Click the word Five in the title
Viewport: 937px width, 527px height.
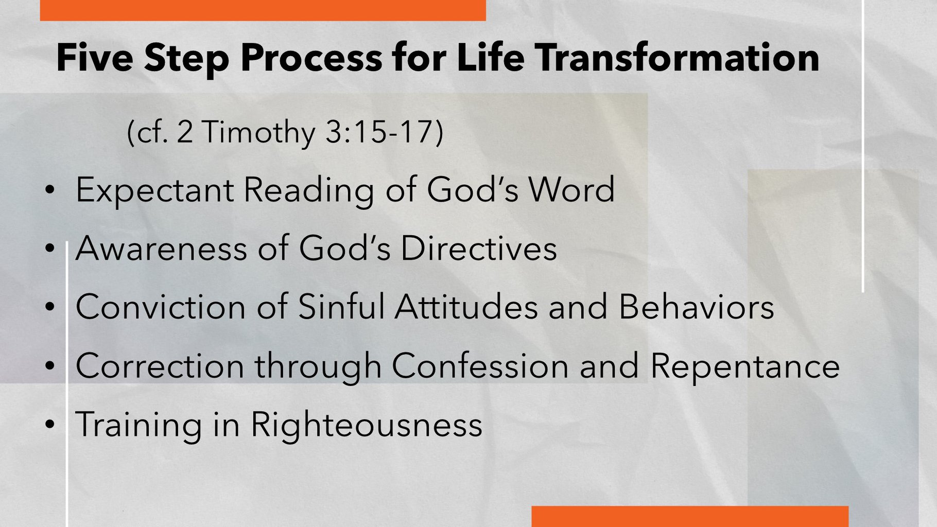[95, 57]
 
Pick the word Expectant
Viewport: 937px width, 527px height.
[154, 190]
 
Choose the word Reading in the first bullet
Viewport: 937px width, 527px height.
[308, 190]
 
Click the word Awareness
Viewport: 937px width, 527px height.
[161, 248]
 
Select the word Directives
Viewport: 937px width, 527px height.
[479, 248]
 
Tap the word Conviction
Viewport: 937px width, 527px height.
[161, 307]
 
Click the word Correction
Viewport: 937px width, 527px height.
[160, 366]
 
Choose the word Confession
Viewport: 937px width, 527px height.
[480, 366]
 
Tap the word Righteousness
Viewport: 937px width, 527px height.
[366, 425]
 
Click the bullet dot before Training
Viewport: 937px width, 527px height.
[49, 425]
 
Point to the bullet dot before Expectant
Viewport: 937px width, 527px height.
[49, 190]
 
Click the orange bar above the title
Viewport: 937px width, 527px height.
[263, 10]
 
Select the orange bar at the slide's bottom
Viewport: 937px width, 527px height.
[690, 517]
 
